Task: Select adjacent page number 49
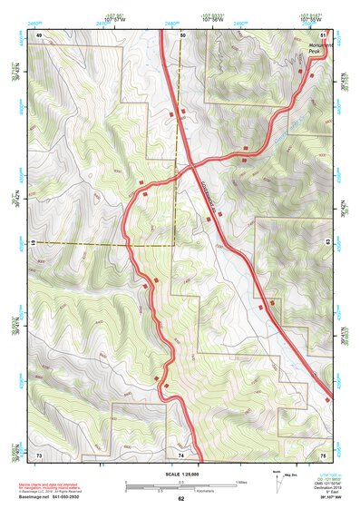pos(39,34)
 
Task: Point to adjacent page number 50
pos(181,34)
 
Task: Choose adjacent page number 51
pos(324,34)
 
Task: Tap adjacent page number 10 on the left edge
pos(33,243)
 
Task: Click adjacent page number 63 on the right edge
pos(326,241)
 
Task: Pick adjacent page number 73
pos(39,454)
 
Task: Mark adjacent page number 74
pos(180,454)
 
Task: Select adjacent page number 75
pos(323,454)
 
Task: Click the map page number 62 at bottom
pos(180,498)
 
